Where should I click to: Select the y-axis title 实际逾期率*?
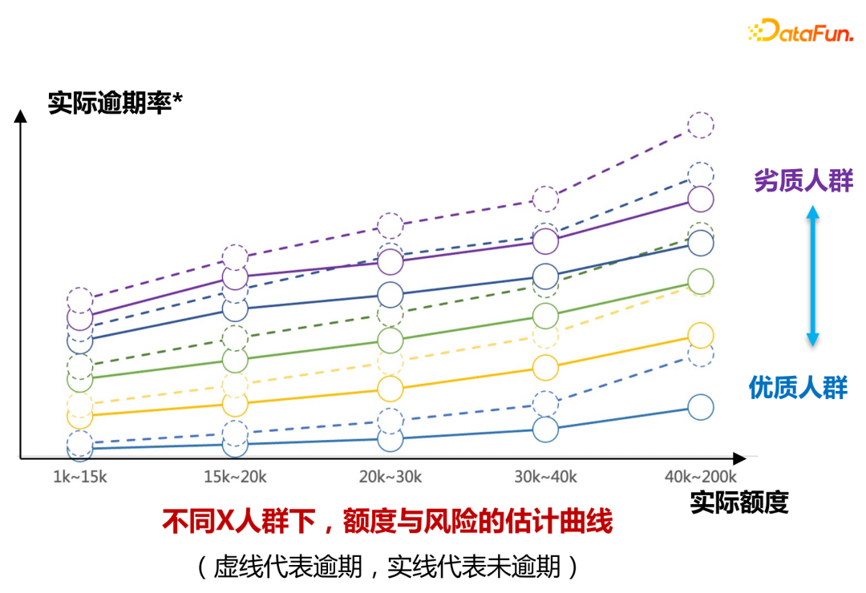pos(115,103)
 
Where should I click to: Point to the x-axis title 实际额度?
pos(739,502)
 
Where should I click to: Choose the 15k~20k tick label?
pos(235,477)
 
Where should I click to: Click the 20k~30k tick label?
pos(390,477)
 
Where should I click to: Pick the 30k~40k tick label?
pos(545,477)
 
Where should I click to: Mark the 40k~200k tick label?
pos(699,477)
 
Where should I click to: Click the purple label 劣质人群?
pos(803,181)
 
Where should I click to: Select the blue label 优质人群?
pos(798,388)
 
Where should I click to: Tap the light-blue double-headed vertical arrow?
pos(812,276)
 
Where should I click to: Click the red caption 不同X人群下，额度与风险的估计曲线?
pos(387,522)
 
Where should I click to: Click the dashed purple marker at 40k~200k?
pos(700,125)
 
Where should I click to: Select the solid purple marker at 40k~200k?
pos(700,199)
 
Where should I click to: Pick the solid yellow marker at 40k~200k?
pos(700,335)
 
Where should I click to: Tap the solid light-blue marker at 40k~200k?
pos(700,407)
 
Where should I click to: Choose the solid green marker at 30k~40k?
pos(545,316)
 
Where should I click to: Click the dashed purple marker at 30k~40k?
pos(545,198)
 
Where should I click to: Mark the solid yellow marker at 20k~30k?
pos(390,389)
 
